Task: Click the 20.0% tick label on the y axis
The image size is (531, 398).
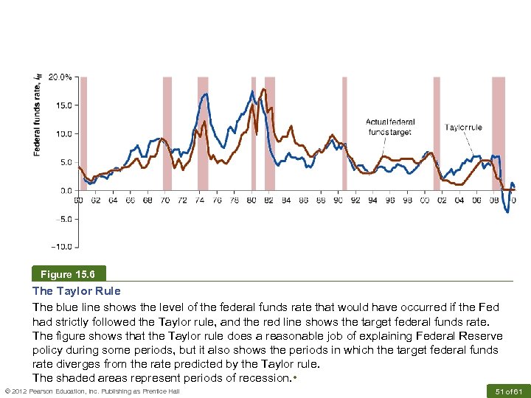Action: [x=61, y=77]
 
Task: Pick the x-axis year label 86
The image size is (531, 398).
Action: [x=303, y=200]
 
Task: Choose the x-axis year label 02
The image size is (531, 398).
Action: [x=442, y=200]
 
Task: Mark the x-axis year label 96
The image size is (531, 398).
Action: [x=389, y=200]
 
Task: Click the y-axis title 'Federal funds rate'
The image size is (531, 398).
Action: [x=37, y=113]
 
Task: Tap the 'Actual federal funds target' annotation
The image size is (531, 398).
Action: [x=390, y=127]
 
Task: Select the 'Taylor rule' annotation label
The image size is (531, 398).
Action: [x=463, y=128]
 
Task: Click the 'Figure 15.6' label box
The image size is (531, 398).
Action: [x=69, y=274]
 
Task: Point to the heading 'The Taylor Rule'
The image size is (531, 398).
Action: [x=76, y=291]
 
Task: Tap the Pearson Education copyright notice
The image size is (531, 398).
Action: [x=92, y=391]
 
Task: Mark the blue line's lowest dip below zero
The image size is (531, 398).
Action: [x=507, y=212]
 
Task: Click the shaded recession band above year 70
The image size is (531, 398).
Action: [x=167, y=133]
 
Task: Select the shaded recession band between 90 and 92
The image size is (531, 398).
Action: [x=344, y=133]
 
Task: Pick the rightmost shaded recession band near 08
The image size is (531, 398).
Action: [x=499, y=133]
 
